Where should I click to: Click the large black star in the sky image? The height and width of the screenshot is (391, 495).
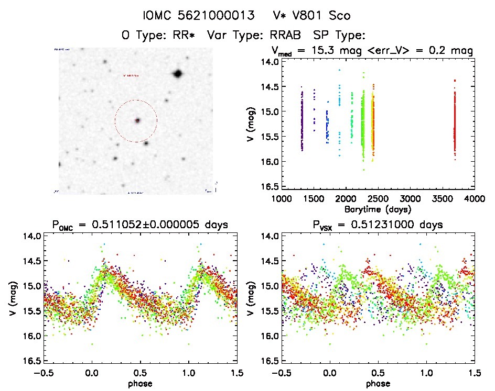coord(177,74)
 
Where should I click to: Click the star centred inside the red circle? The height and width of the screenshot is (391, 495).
coord(137,120)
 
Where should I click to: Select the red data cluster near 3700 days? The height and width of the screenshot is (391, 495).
coord(455,123)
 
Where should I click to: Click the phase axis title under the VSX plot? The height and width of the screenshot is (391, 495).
coord(378,383)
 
